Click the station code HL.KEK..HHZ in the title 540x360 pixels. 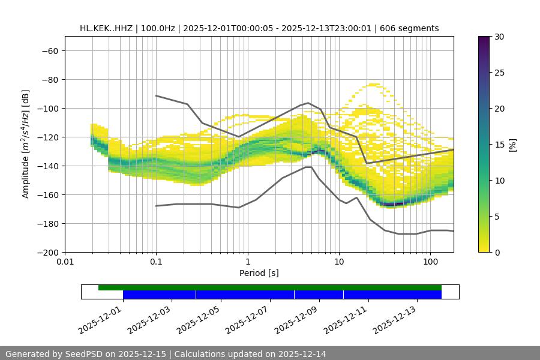click(107, 28)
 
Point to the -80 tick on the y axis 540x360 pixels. click(50, 79)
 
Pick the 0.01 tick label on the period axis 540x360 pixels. click(65, 262)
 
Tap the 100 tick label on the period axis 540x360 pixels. click(430, 262)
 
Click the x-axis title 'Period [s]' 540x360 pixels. click(259, 273)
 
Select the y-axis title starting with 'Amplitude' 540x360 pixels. click(26, 144)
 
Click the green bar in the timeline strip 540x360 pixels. click(270, 287)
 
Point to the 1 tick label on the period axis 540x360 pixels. click(248, 262)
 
